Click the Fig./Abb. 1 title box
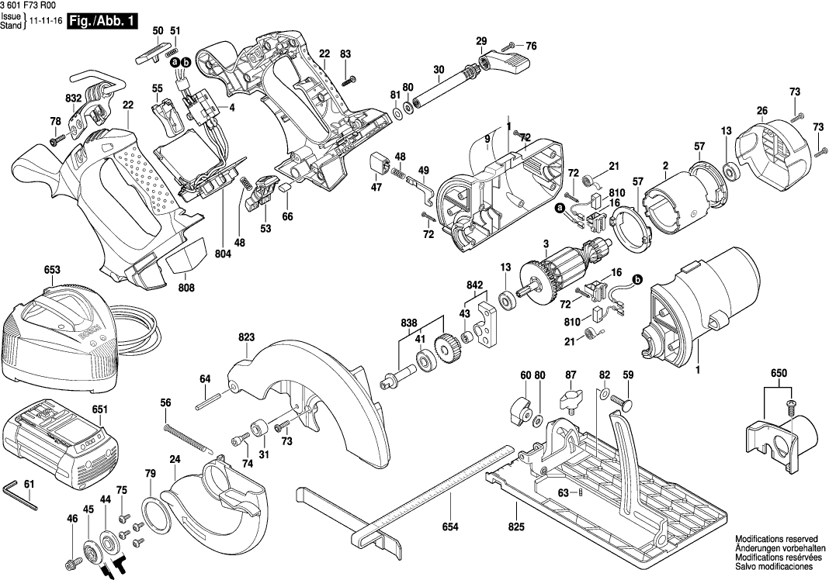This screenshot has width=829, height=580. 102,22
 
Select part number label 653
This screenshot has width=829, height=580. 52,270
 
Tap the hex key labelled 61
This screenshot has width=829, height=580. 20,496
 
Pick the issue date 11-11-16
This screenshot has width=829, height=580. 44,22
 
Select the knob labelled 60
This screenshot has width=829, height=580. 521,407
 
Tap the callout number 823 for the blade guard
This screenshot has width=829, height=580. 246,337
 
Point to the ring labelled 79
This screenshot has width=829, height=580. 157,516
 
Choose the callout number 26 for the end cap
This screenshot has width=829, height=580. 761,111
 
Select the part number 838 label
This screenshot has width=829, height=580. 409,323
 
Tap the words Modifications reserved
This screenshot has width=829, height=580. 776,540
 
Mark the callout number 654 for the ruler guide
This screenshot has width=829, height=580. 450,526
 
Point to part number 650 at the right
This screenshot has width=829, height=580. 779,374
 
